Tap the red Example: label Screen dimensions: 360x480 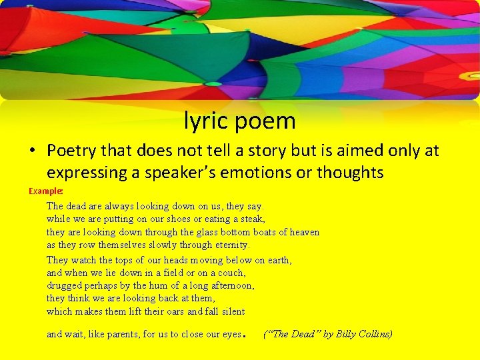46,191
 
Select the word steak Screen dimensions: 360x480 251,219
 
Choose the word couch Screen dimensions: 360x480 231,273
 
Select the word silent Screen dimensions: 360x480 230,311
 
